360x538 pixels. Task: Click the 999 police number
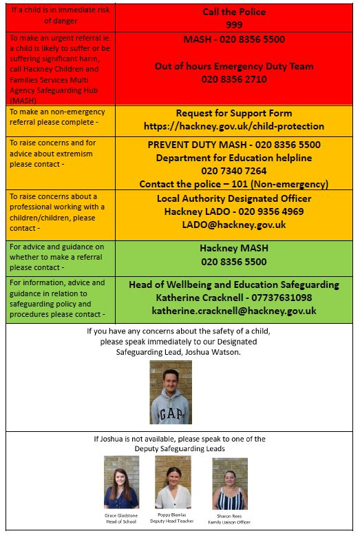(234, 25)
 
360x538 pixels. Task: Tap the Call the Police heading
(234, 12)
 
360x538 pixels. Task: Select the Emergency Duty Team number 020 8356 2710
(234, 79)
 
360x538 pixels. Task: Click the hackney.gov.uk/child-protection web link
(234, 126)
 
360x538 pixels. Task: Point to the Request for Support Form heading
(234, 113)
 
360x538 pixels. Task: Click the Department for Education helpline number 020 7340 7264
(234, 171)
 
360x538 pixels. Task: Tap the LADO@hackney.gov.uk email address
(234, 225)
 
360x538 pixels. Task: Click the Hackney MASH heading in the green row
(234, 249)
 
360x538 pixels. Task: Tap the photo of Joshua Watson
(171, 392)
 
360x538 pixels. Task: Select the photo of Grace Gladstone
(121, 482)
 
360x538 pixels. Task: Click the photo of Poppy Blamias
(173, 482)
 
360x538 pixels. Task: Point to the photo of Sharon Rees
(229, 483)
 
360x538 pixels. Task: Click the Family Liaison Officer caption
(229, 522)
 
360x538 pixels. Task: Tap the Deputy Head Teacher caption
(173, 521)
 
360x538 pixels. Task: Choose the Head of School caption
(121, 521)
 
